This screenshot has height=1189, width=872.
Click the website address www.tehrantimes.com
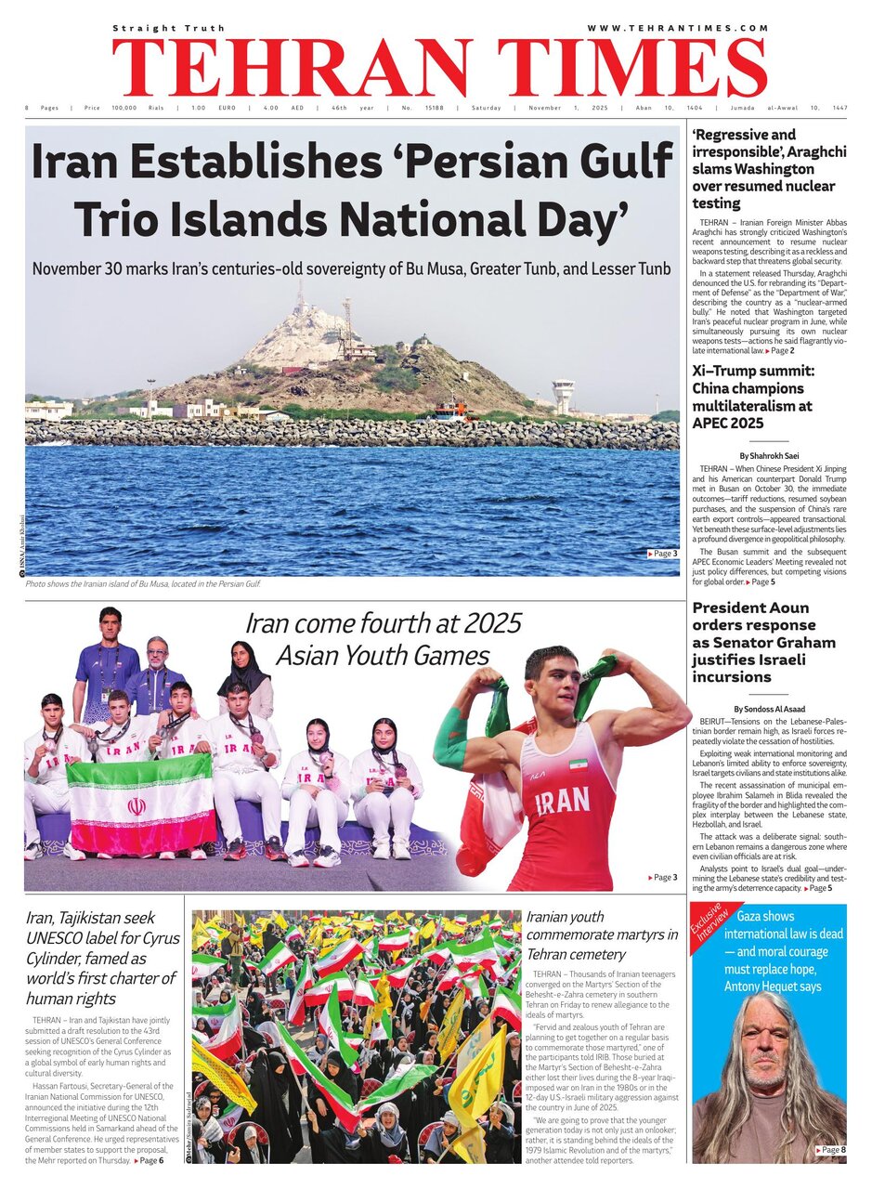[x=678, y=29]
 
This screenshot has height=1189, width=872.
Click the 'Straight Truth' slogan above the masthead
[x=169, y=29]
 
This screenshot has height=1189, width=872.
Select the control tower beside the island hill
[x=563, y=395]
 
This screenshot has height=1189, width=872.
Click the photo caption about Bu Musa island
[x=143, y=583]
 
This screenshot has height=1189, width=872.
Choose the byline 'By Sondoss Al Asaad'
[x=767, y=709]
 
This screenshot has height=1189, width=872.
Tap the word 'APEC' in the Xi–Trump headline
[x=718, y=423]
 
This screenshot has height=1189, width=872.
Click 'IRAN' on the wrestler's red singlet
[x=561, y=800]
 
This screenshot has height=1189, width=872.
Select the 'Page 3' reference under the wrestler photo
[x=663, y=877]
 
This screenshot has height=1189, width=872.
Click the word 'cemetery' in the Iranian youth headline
[x=604, y=954]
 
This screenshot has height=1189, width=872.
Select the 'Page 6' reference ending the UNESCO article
[x=149, y=1161]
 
